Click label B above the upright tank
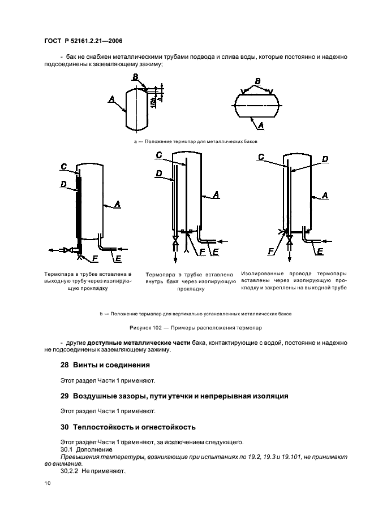click(x=135, y=77)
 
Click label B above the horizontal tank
click(x=257, y=81)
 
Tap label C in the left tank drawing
click(x=64, y=166)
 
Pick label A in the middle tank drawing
click(x=216, y=195)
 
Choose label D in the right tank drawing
click(x=325, y=160)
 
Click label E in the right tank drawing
click(x=320, y=252)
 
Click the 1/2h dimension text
click(x=153, y=101)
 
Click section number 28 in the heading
click(x=64, y=365)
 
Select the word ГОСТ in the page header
click(x=52, y=41)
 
